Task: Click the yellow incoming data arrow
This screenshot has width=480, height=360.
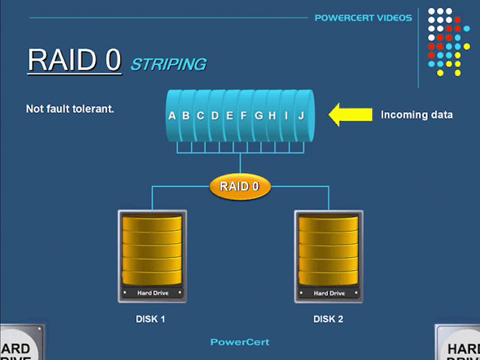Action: coord(343,115)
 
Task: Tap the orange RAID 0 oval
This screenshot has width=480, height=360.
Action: coord(239,187)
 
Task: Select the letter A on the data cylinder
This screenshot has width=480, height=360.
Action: coord(172,115)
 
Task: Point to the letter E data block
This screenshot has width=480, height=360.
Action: coord(229,115)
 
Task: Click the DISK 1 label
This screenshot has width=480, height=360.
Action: coord(150,319)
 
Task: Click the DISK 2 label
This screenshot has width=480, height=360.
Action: coord(328,319)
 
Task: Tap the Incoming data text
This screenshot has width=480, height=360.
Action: coord(416,115)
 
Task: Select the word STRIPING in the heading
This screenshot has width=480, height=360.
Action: coord(168,64)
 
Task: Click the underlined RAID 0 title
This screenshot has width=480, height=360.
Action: coord(74,60)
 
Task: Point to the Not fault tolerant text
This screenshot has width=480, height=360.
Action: coord(70,109)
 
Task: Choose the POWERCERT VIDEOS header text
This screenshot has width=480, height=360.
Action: coord(363,18)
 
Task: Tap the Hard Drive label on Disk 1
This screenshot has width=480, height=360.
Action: coord(152,293)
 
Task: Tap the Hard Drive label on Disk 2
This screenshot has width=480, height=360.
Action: coord(329,293)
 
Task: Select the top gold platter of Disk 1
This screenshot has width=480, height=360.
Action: coord(152,224)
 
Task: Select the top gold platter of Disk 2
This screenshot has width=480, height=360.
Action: coord(328,224)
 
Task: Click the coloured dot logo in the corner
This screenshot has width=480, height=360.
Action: coord(448,42)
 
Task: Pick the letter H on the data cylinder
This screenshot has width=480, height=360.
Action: coord(272,115)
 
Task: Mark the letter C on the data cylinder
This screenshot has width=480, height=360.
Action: coord(200,115)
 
